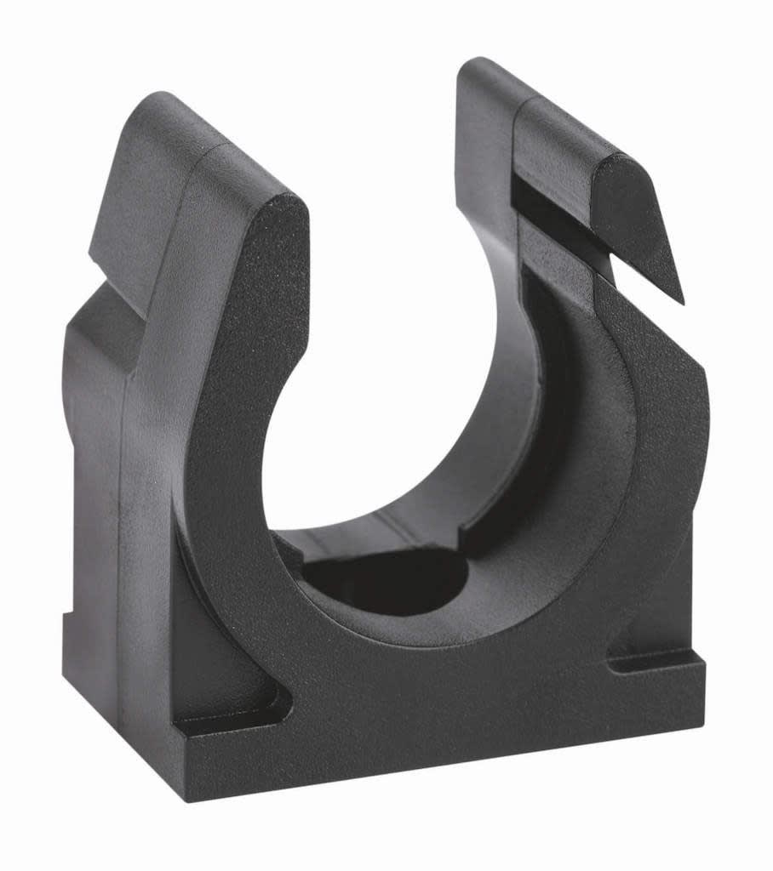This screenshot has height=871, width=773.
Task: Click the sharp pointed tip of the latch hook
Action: tap(681, 300)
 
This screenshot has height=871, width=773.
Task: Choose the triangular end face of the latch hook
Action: tap(643, 230)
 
